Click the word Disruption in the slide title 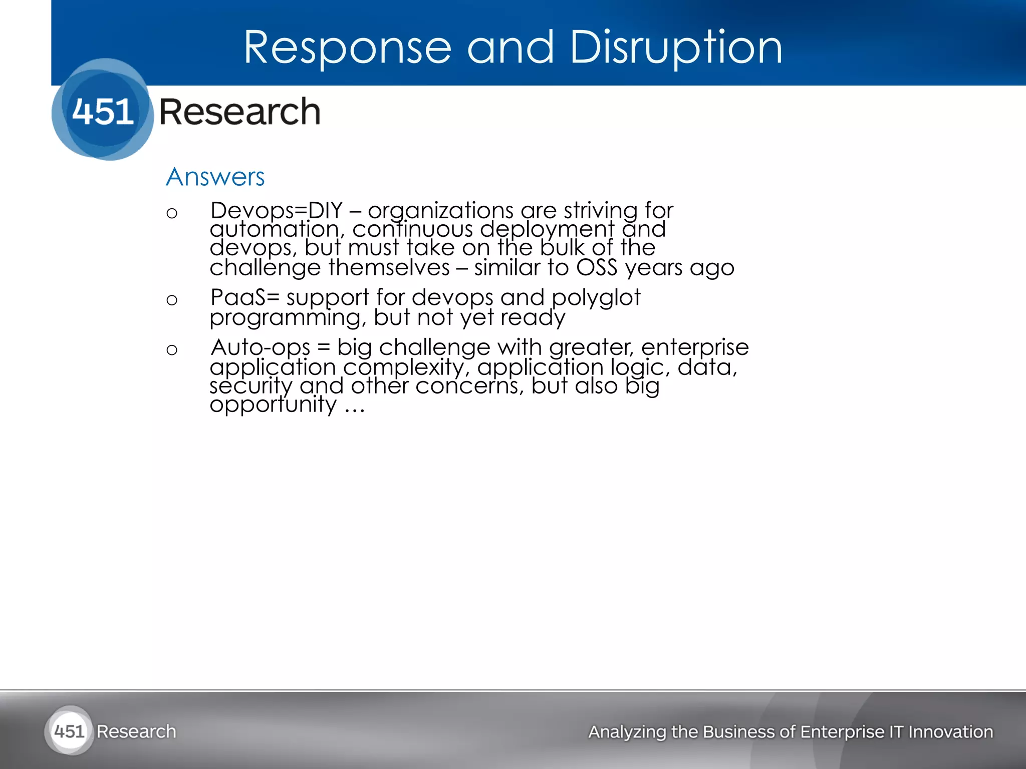(x=676, y=48)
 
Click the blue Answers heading (x=215, y=177)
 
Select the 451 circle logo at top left (x=103, y=110)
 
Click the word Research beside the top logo (x=239, y=112)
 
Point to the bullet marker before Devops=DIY (x=172, y=214)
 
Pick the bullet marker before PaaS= (x=172, y=300)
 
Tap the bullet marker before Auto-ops (x=172, y=350)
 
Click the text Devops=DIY (x=276, y=211)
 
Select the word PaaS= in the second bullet (x=244, y=297)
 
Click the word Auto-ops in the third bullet (x=261, y=347)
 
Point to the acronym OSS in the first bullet (x=597, y=267)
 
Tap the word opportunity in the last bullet (x=273, y=405)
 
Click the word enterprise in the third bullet (x=695, y=347)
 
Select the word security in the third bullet (x=250, y=386)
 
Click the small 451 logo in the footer (x=69, y=731)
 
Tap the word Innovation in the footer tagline (x=950, y=732)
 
